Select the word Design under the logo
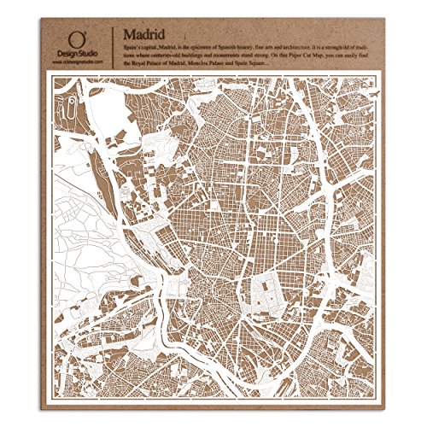[69, 51]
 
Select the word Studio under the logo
[85, 51]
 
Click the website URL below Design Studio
[78, 59]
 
